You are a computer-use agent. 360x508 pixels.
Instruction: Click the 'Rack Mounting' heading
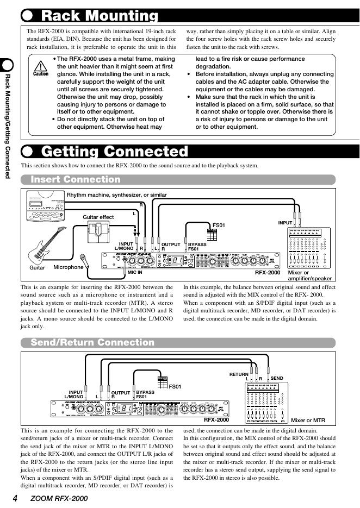(100, 16)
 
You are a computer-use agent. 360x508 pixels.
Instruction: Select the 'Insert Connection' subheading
(76, 179)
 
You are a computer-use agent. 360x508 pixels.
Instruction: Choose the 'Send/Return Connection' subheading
(92, 342)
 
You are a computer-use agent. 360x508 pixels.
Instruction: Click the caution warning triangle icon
(41, 66)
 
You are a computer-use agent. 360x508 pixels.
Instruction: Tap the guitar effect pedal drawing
(98, 233)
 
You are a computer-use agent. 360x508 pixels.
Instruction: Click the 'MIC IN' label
(135, 272)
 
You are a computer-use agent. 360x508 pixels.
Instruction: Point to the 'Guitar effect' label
(98, 217)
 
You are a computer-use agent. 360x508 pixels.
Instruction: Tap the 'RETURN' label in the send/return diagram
(238, 374)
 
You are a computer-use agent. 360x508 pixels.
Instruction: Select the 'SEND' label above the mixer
(277, 378)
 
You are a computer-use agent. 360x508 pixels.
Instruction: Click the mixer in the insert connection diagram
(307, 248)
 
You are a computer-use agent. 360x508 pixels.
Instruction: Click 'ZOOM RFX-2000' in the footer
(59, 498)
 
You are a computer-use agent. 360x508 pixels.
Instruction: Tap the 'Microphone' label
(69, 267)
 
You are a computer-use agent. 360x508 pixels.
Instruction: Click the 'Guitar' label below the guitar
(37, 268)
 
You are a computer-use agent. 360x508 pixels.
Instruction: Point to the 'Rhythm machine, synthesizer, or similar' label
(116, 195)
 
